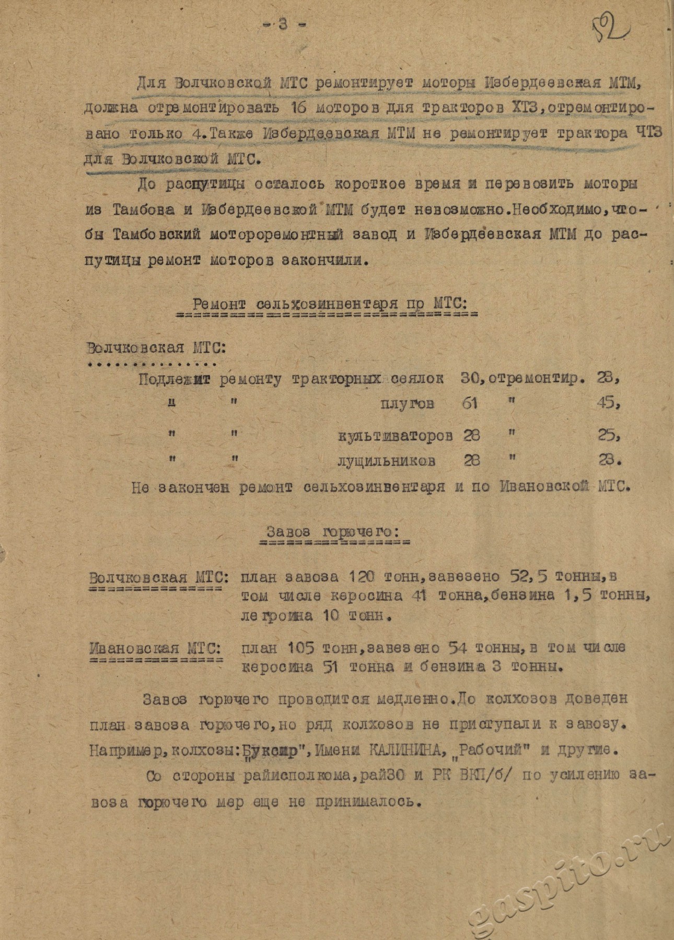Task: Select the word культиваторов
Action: click(394, 436)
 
